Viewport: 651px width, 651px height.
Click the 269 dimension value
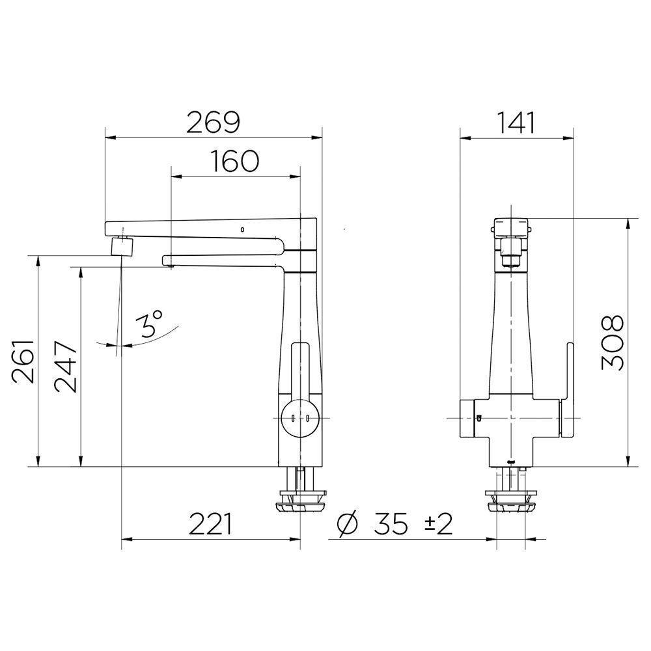pyautogui.click(x=213, y=122)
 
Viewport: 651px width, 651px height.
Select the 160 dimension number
pyautogui.click(x=235, y=161)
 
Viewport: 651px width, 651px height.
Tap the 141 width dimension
pyautogui.click(x=516, y=122)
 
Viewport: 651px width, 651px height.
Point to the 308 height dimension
pyautogui.click(x=613, y=342)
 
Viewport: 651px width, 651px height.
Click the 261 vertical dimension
pyautogui.click(x=22, y=361)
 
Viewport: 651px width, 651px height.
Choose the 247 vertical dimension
pyautogui.click(x=66, y=367)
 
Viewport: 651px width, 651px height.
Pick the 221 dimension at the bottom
pyautogui.click(x=211, y=524)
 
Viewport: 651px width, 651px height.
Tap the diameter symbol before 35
pyautogui.click(x=347, y=525)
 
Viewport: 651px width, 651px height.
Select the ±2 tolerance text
pyautogui.click(x=438, y=524)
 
